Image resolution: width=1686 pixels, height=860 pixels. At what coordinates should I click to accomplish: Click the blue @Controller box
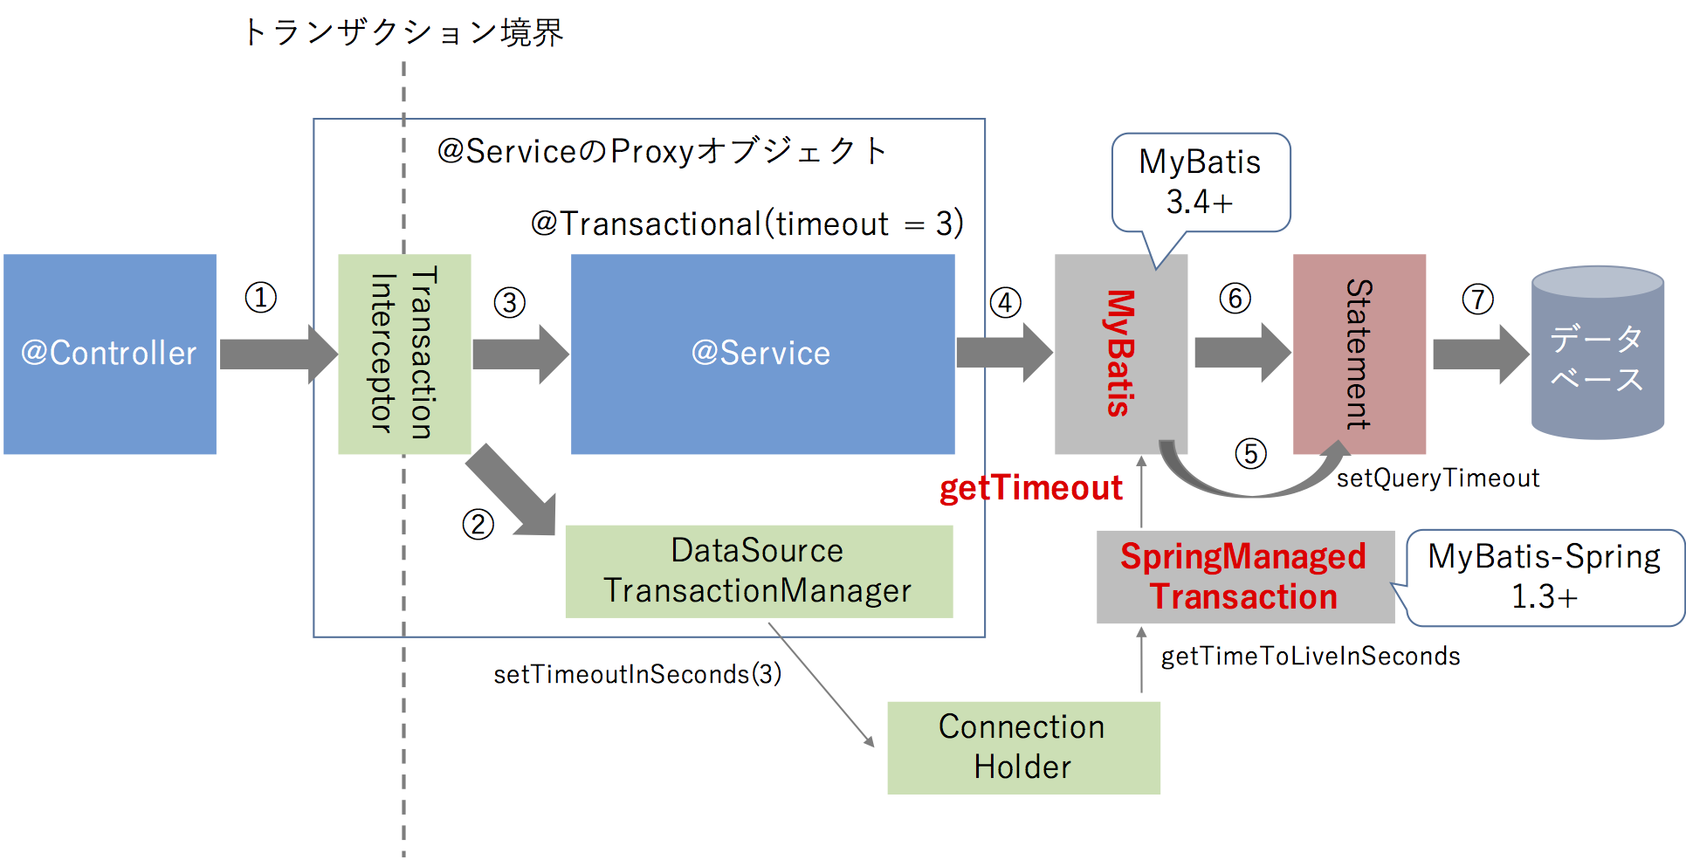point(110,354)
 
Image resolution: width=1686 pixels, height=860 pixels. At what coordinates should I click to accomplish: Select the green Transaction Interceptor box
point(404,354)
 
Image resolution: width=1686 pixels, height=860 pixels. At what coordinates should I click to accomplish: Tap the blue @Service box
point(762,354)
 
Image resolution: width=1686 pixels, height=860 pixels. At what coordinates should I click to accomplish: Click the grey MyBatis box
point(1121,354)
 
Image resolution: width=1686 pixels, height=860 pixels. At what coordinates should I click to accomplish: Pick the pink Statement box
point(1359,354)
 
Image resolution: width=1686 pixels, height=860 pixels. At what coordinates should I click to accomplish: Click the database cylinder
point(1598,352)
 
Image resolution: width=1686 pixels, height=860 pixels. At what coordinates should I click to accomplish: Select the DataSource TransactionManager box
point(759,571)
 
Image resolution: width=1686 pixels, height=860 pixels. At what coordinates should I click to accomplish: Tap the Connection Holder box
point(1023,747)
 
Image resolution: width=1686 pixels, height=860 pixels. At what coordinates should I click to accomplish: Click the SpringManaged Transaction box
point(1245,577)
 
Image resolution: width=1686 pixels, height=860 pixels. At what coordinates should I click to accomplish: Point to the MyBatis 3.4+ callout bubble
point(1201,182)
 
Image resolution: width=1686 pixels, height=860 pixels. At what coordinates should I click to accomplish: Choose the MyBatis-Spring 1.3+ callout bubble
point(1544,577)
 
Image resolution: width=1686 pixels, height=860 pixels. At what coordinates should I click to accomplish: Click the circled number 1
point(261,298)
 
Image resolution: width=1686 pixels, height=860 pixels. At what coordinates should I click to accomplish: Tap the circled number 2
point(478,524)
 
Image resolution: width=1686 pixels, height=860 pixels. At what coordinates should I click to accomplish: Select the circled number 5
point(1251,453)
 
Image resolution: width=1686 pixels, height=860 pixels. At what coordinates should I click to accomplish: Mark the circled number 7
point(1478,299)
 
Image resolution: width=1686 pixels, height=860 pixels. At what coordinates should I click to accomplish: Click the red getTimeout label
point(1030,488)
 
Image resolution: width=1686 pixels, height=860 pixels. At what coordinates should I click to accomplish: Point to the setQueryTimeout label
point(1438,478)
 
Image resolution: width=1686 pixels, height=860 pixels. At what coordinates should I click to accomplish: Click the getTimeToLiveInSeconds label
point(1311,657)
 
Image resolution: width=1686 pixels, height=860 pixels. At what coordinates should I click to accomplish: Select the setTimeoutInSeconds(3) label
point(637,674)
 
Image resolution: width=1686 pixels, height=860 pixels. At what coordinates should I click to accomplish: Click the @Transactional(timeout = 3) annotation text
point(747,224)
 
